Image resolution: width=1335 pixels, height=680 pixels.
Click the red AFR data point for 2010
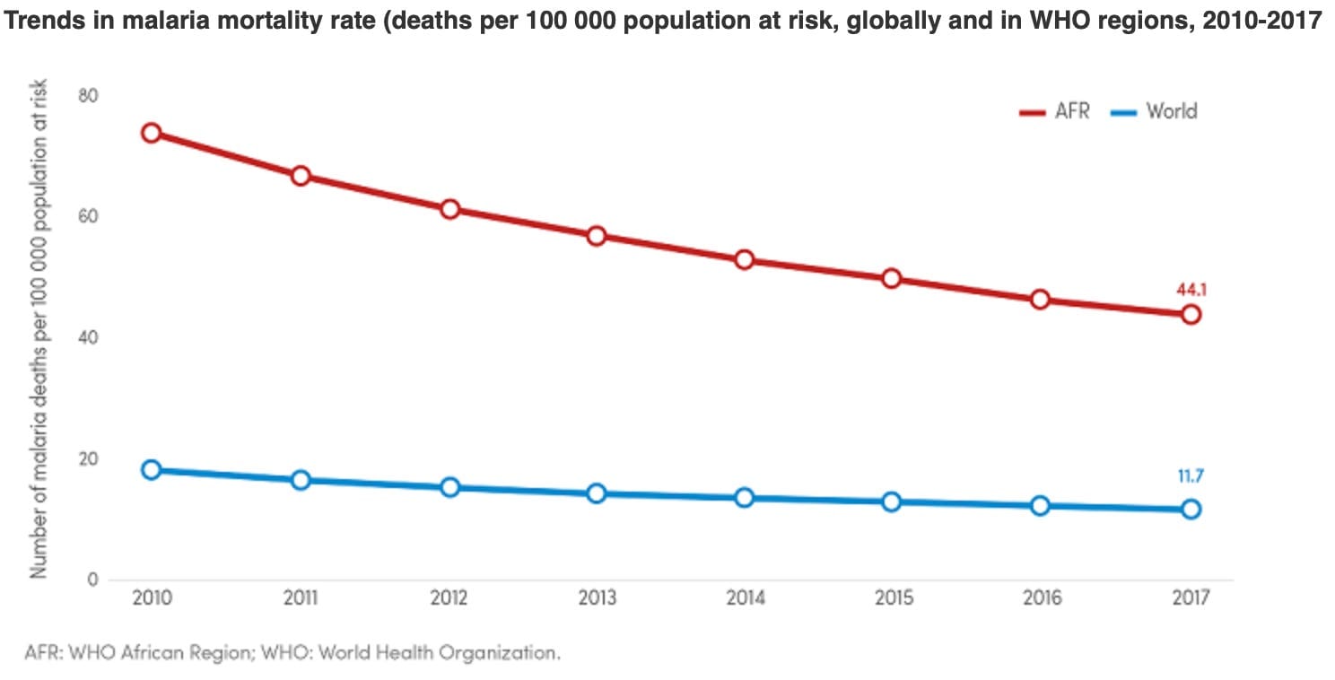[x=151, y=133]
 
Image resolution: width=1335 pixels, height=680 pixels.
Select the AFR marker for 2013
[x=597, y=236]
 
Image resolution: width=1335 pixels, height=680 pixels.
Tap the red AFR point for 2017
[x=1191, y=314]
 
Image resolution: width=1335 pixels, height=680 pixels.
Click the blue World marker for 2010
[x=151, y=470]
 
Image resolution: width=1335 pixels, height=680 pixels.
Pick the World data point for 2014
[x=744, y=498]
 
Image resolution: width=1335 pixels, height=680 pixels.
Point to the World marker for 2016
[x=1041, y=506]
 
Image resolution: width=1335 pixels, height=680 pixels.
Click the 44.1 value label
[x=1190, y=290]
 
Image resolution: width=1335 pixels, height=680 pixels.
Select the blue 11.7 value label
[x=1191, y=476]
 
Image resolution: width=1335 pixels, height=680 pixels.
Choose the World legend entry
[x=1158, y=112]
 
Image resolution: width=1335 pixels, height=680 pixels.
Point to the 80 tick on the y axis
[x=88, y=96]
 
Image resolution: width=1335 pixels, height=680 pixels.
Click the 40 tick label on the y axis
[x=88, y=338]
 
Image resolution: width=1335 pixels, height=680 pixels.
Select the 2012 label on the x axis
[x=448, y=598]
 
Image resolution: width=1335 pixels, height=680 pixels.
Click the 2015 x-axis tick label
[x=893, y=598]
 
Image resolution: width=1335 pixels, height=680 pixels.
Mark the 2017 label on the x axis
[x=1191, y=598]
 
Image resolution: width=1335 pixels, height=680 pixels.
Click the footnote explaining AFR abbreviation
[x=292, y=652]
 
